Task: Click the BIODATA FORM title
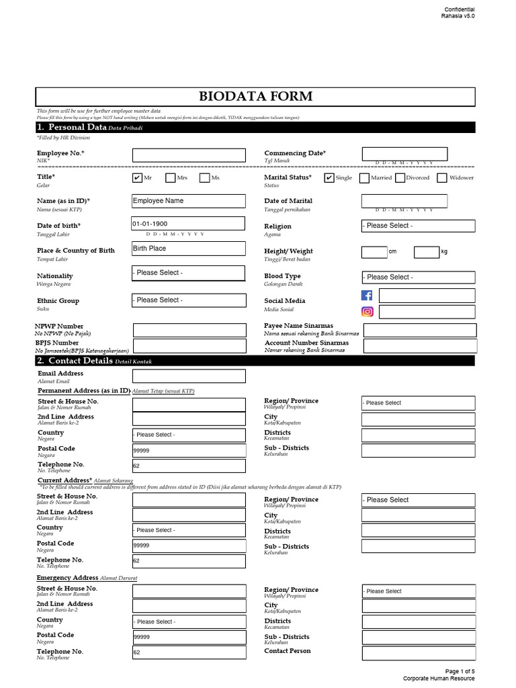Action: coord(255,96)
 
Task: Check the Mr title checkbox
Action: coord(137,178)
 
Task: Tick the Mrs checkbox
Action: coord(170,178)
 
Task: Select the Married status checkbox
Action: coord(364,178)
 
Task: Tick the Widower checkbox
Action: coord(442,178)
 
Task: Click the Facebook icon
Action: coord(367,296)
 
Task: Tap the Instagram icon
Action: coord(367,312)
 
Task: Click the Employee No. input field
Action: coord(188,155)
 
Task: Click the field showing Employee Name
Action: coord(188,201)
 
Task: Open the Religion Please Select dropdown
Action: coord(418,226)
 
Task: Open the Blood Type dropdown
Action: coord(418,277)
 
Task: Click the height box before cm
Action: coord(374,252)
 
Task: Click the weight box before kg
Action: coord(426,252)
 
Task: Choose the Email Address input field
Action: coord(188,376)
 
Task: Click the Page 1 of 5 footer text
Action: coord(460,671)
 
